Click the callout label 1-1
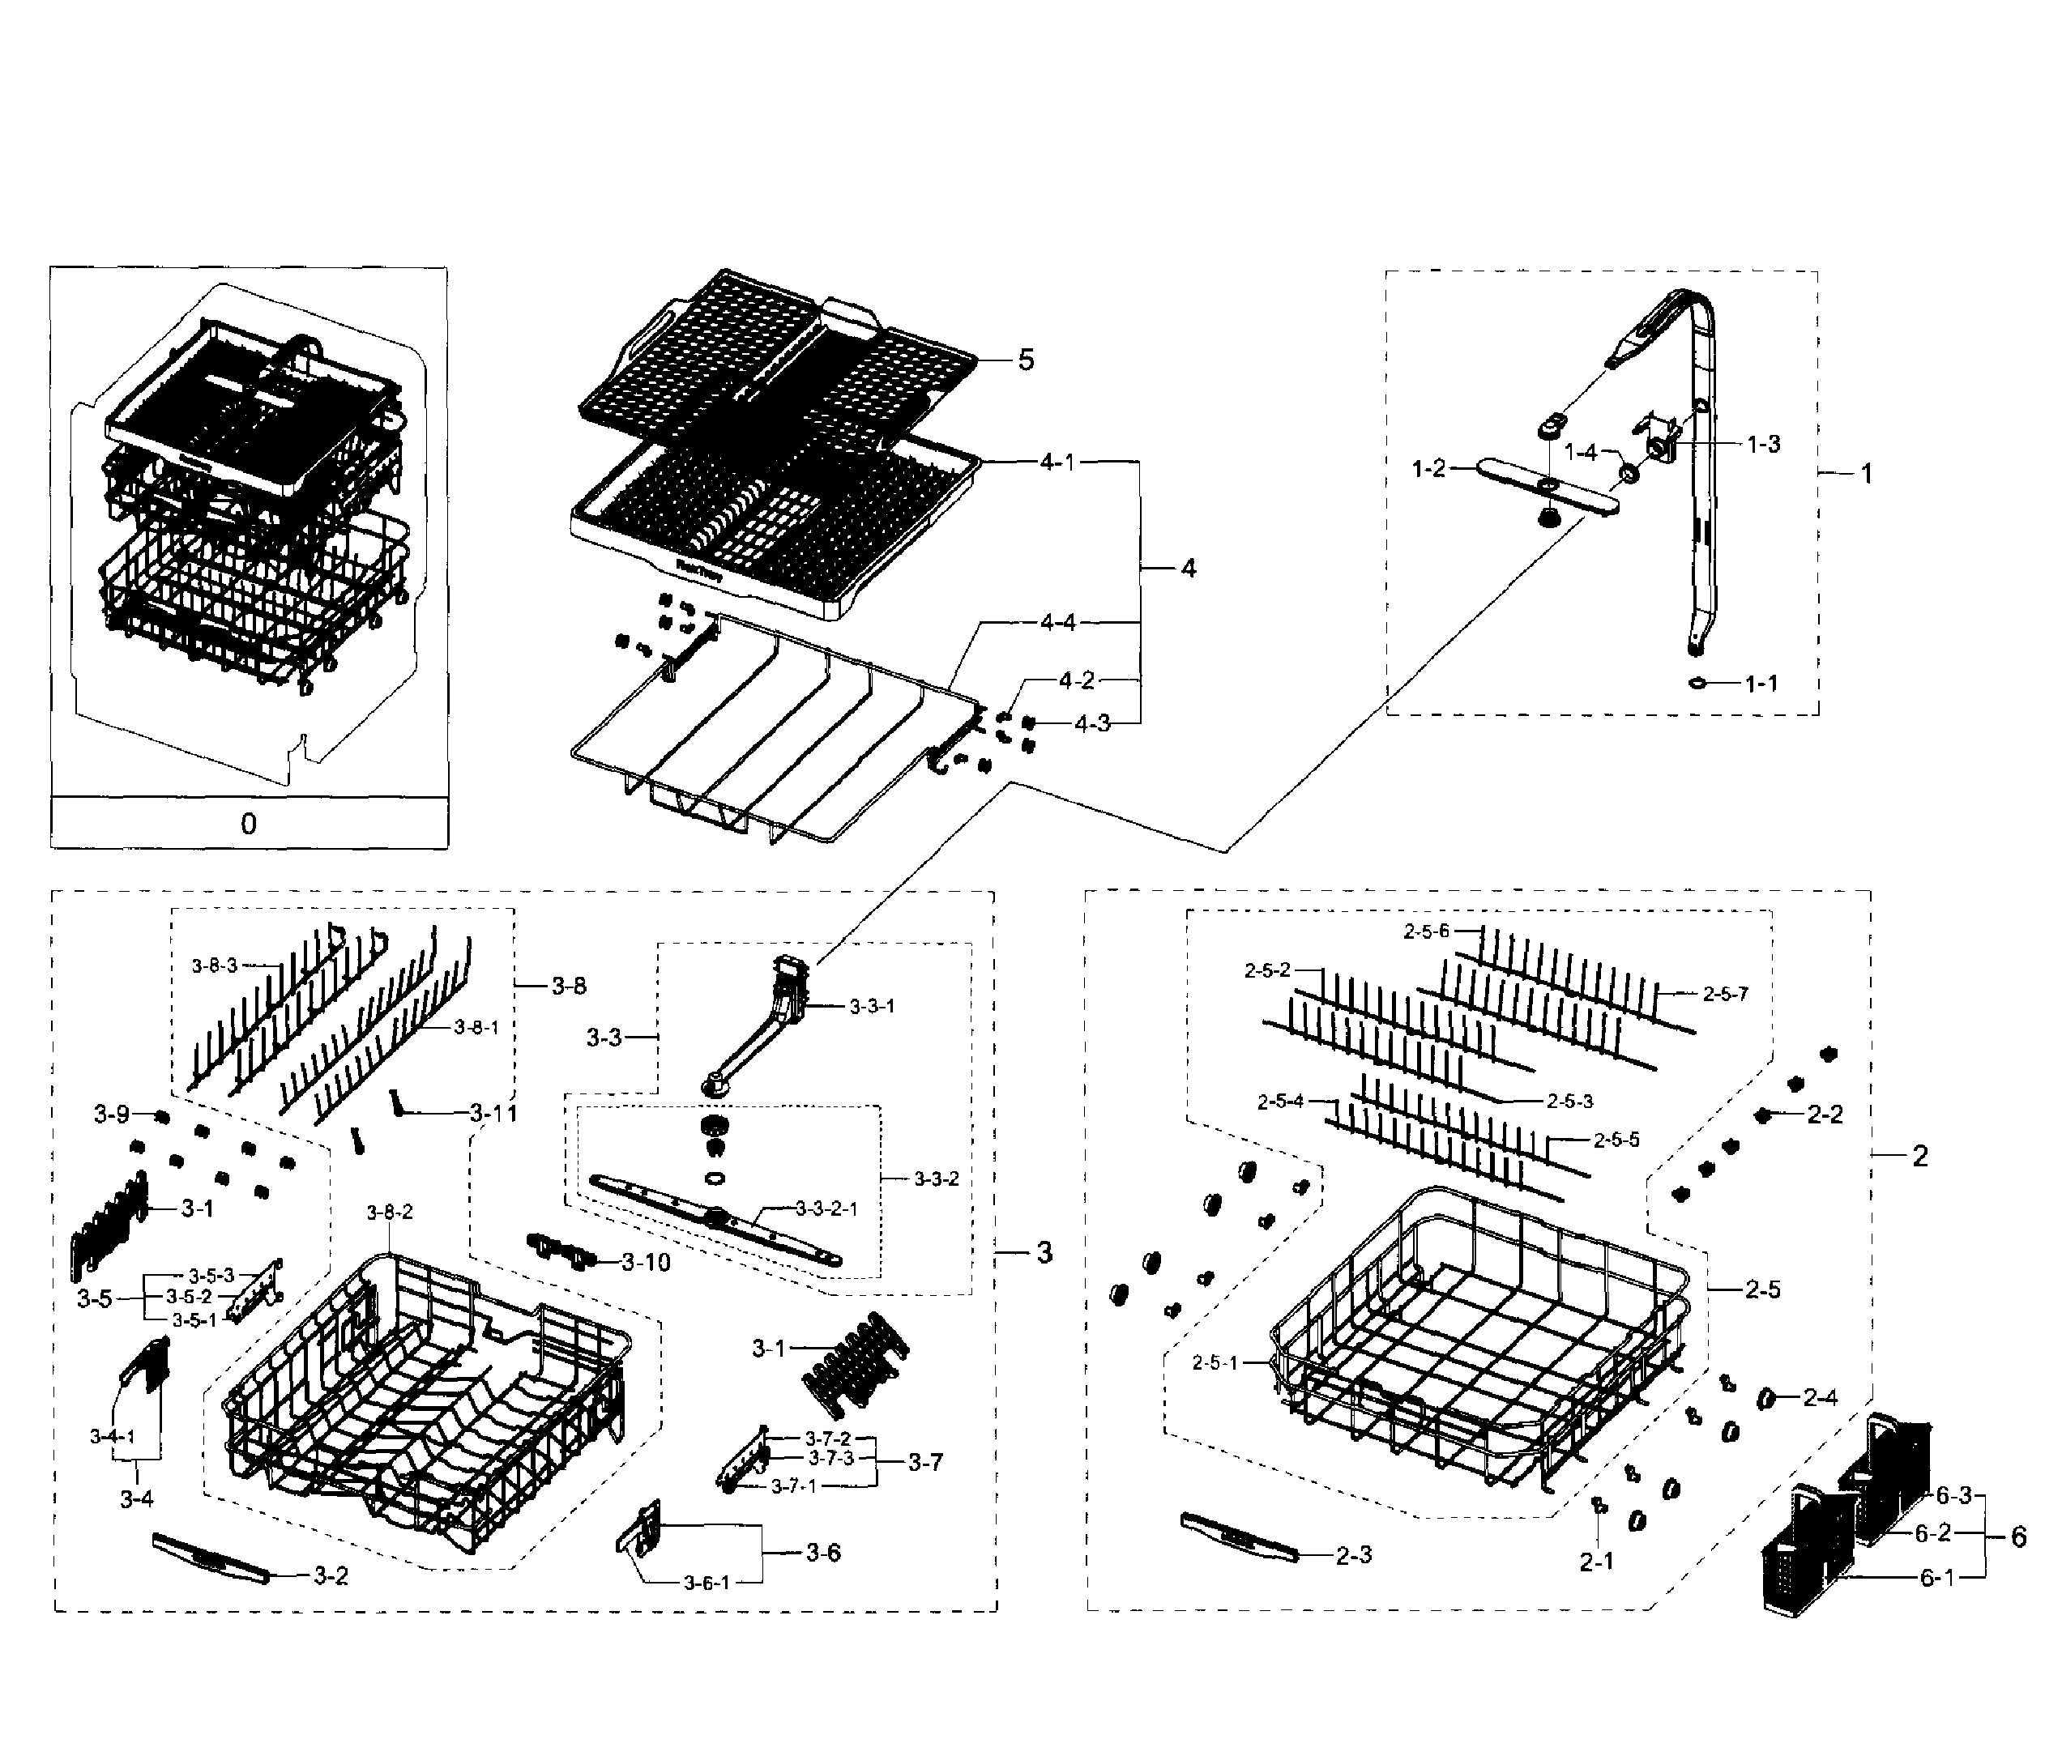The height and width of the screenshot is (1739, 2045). pos(1761,683)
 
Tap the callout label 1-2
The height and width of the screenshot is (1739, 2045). pos(1428,468)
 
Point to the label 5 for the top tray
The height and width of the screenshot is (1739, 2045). pos(1026,360)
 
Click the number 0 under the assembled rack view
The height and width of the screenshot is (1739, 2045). pos(249,823)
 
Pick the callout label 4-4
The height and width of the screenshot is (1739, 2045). pos(1057,622)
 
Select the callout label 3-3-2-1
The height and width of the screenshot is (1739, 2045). pos(826,1208)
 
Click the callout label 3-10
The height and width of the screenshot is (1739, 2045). pos(646,1262)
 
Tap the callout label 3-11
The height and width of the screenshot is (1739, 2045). pos(493,1113)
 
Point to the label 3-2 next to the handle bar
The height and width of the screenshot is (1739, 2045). pos(331,1575)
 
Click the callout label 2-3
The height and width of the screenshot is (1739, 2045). pos(1353,1554)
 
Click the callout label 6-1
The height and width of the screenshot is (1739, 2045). pos(1936,1577)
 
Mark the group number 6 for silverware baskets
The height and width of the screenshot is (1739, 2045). pos(2017,1536)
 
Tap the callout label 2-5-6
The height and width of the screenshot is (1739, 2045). pos(1427,931)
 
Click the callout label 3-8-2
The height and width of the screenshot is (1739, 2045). pos(390,1212)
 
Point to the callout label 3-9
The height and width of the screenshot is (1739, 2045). pos(112,1114)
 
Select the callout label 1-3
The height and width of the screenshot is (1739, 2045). pos(1764,444)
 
